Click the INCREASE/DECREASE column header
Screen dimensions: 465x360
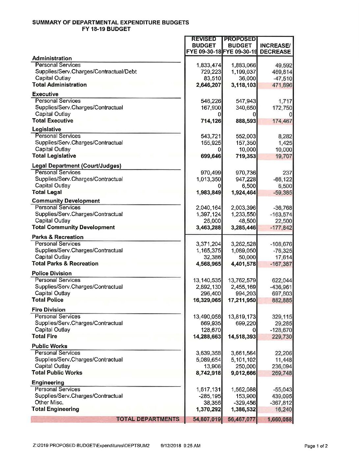tap(275, 49)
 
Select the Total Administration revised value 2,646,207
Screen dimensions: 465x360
tap(209, 85)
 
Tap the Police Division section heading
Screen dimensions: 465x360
tap(52, 273)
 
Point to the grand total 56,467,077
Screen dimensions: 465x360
tap(242, 420)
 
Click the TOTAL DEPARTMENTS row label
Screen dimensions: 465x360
tap(147, 419)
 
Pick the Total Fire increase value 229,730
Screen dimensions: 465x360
tap(282, 337)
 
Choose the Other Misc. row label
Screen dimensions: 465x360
tap(49, 402)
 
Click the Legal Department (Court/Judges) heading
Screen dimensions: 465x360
tap(77, 166)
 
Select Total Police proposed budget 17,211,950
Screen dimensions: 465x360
tap(242, 300)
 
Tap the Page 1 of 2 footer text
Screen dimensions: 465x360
tap(316, 446)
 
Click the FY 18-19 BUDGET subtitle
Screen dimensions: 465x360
tap(106, 29)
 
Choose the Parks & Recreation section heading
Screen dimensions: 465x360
tap(58, 237)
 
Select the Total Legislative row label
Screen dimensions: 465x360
tap(54, 156)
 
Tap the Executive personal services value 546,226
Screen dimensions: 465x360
tap(211, 101)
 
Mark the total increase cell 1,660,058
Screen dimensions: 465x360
tap(279, 420)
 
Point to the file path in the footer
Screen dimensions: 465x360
tap(91, 446)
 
